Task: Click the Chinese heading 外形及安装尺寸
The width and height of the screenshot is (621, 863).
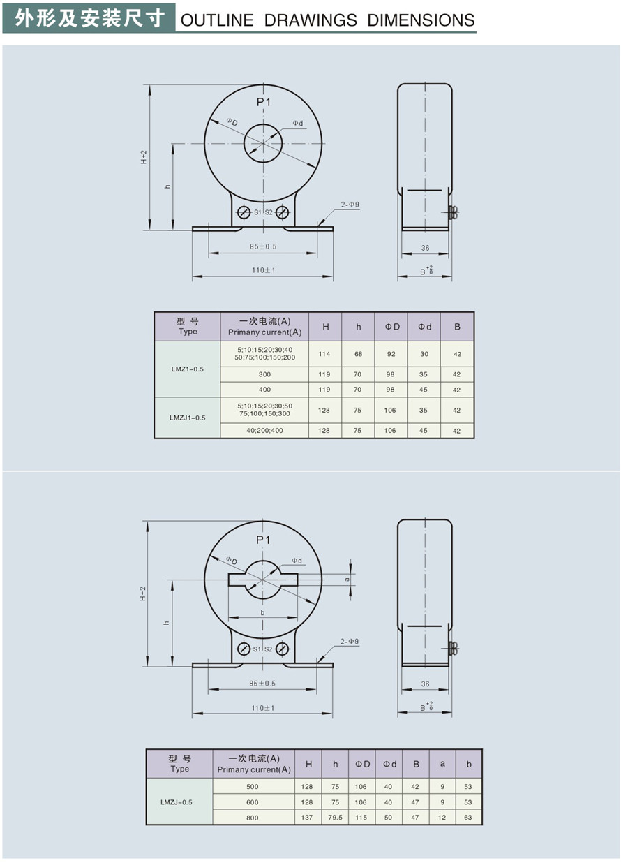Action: (x=89, y=17)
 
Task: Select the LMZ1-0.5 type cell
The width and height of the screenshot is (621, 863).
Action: (x=187, y=369)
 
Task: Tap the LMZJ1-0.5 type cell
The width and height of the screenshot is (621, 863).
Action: (x=187, y=418)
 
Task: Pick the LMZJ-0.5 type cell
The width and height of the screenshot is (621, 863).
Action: (x=179, y=802)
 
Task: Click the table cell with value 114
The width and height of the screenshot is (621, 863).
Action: (x=324, y=354)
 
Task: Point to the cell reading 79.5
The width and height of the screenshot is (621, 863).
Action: (x=336, y=818)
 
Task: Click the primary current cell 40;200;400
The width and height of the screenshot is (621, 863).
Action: (x=264, y=431)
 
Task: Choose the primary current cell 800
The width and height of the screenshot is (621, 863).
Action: (x=253, y=818)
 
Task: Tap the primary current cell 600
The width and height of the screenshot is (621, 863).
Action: (x=253, y=802)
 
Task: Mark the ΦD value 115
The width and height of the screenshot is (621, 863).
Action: (x=361, y=818)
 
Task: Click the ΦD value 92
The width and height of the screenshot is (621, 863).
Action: (x=391, y=354)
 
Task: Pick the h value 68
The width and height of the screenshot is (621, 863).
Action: (x=358, y=354)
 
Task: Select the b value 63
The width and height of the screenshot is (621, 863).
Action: (x=468, y=818)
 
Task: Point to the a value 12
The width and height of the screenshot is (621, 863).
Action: (x=442, y=818)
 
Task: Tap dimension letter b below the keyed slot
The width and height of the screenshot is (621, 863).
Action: (x=262, y=612)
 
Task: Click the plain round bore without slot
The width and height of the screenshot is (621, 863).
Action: (x=263, y=143)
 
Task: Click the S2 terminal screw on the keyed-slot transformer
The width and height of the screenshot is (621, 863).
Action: (x=282, y=649)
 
